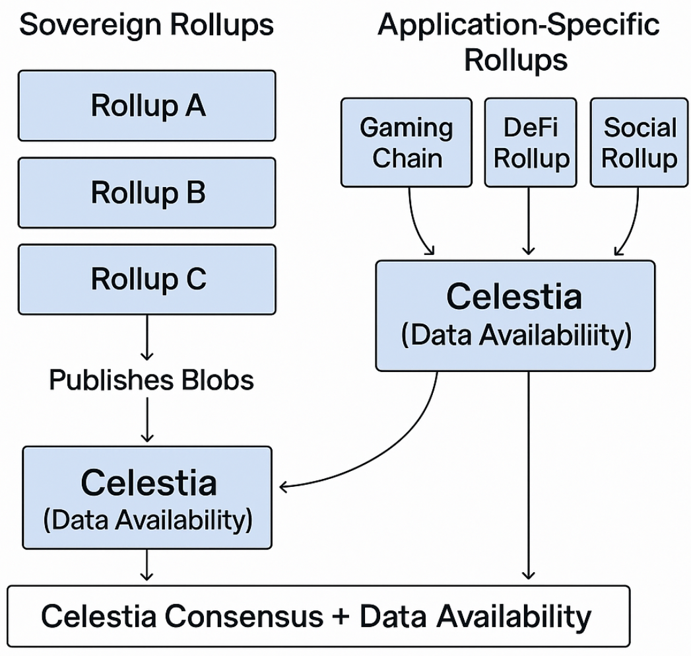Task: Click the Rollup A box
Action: pyautogui.click(x=147, y=106)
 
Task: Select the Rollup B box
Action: pyautogui.click(x=147, y=193)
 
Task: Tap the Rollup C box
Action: pyautogui.click(x=147, y=279)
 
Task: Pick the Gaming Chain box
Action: pyautogui.click(x=406, y=142)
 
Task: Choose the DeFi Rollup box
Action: pyautogui.click(x=530, y=142)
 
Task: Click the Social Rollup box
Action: pyautogui.click(x=639, y=142)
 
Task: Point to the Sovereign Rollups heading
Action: pyautogui.click(x=147, y=26)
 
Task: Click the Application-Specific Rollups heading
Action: pyautogui.click(x=518, y=42)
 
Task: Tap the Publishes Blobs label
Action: pyautogui.click(x=151, y=380)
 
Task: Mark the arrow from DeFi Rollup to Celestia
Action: pyautogui.click(x=528, y=221)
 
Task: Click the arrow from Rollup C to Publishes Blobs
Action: pyautogui.click(x=147, y=337)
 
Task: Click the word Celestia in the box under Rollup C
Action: pyautogui.click(x=148, y=482)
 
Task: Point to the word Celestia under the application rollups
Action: pyautogui.click(x=514, y=297)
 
